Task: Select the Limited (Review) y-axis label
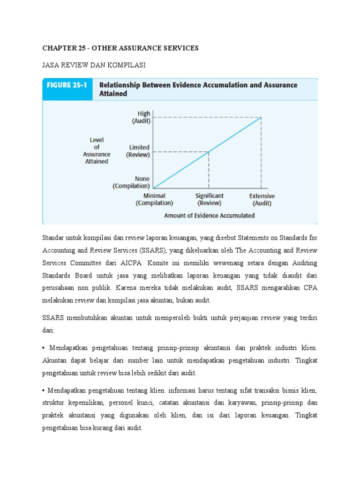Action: tap(138, 151)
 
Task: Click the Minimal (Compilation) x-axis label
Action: tap(154, 200)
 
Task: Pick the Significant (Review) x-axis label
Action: tap(209, 200)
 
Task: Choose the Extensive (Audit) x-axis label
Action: tap(262, 200)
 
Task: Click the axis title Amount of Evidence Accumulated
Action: tap(209, 216)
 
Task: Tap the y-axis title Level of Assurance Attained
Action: tap(96, 150)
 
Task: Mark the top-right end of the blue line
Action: tap(261, 117)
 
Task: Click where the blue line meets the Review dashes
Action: tap(209, 151)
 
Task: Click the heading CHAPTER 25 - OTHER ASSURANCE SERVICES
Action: tap(120, 48)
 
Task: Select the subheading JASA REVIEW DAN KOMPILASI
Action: tap(94, 65)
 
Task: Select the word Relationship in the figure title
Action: tap(121, 85)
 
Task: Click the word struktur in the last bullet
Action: tap(54, 402)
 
